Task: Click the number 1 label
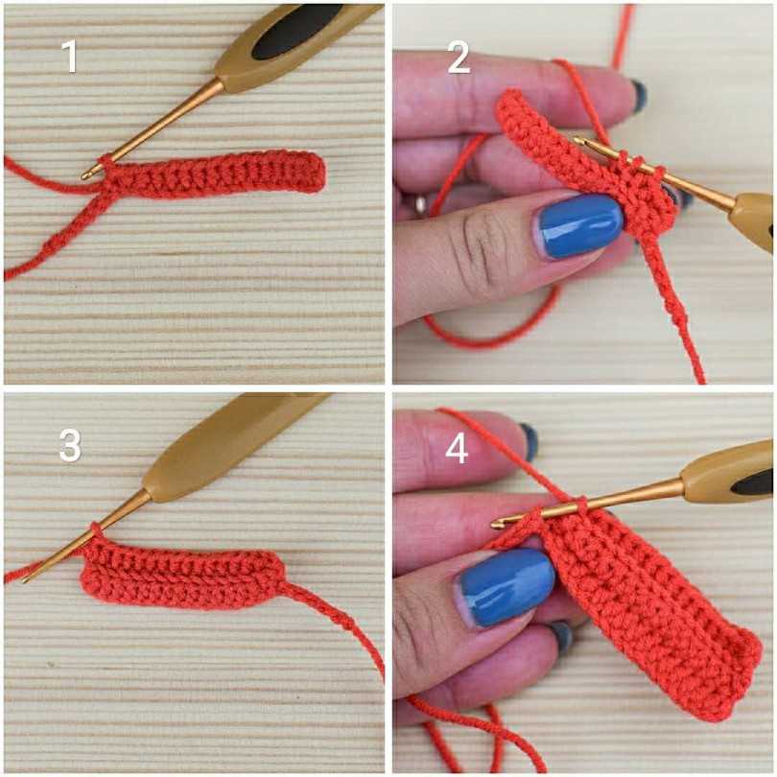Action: [x=70, y=57]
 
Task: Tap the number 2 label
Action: [x=459, y=58]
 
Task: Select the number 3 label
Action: [x=70, y=444]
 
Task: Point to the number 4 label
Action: [x=457, y=449]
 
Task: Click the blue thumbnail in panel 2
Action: [x=579, y=225]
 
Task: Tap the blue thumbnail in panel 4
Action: [x=506, y=587]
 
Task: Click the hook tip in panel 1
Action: [x=85, y=175]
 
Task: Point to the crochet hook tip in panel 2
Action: [x=578, y=141]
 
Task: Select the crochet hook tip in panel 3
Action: [x=26, y=579]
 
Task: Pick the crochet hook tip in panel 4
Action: [x=496, y=524]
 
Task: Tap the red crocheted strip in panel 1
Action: [x=213, y=175]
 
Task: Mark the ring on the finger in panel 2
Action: [x=421, y=203]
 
